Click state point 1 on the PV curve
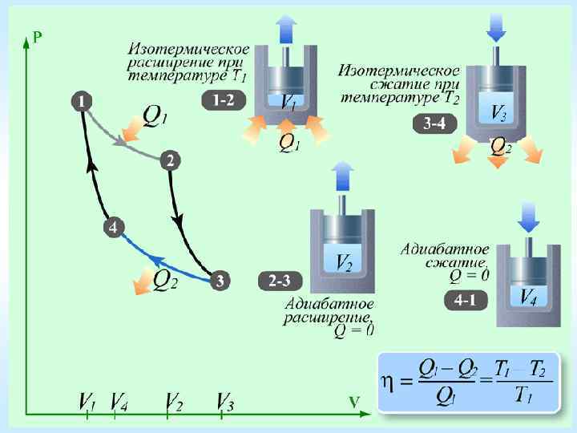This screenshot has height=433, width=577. tap(82, 101)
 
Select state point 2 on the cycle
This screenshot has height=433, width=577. tap(170, 160)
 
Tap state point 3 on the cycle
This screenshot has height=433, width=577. tap(220, 281)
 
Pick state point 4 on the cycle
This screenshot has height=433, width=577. tap(114, 228)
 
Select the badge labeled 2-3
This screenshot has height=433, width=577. tap(280, 281)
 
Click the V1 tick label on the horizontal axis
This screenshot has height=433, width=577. tap(87, 400)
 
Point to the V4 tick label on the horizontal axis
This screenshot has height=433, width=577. tap(119, 400)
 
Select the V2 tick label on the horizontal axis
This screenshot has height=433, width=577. tap(173, 400)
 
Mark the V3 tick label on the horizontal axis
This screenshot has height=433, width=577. tap(225, 400)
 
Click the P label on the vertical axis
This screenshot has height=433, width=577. tap(38, 37)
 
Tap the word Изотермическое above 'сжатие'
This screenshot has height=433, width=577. tap(398, 71)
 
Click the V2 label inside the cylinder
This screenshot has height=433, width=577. tap(342, 261)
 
